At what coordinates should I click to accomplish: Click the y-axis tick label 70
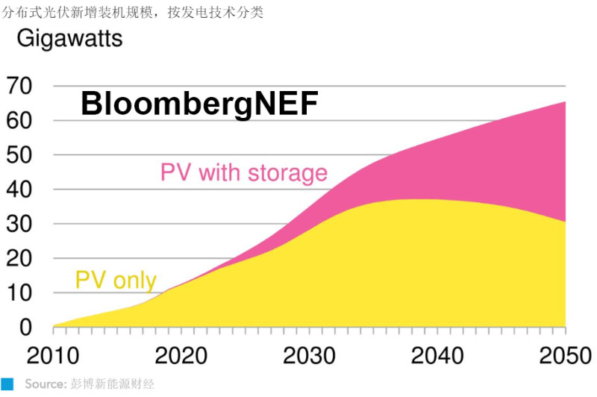20,87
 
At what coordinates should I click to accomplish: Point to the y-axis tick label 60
20,121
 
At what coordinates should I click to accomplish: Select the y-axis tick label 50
20,155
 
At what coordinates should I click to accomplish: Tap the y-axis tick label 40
20,190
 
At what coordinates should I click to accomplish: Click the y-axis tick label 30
20,224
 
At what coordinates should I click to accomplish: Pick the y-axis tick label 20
20,258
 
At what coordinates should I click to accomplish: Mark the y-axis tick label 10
20,293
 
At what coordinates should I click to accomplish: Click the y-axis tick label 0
27,327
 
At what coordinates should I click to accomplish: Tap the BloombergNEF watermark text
199,104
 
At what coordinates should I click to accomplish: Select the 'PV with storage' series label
244,173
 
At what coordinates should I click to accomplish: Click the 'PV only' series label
116,281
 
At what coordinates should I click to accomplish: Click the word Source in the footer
41,384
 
